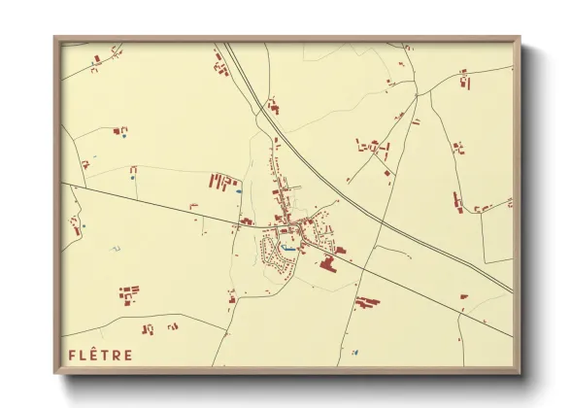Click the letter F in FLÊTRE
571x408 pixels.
[71, 356]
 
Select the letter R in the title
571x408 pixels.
[117, 356]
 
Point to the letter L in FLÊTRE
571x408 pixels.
[84, 356]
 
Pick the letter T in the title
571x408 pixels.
[107, 356]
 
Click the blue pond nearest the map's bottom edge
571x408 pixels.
[354, 351]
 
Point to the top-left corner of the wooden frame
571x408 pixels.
[56, 40]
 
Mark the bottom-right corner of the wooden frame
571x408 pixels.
[518, 371]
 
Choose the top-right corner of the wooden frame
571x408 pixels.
[518, 40]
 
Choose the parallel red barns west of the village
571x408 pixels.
[222, 181]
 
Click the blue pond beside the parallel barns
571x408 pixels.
[239, 190]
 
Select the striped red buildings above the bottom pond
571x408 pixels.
[366, 302]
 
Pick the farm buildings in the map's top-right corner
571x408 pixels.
[464, 78]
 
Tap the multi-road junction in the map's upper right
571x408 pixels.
[417, 94]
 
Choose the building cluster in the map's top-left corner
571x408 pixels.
[97, 59]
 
